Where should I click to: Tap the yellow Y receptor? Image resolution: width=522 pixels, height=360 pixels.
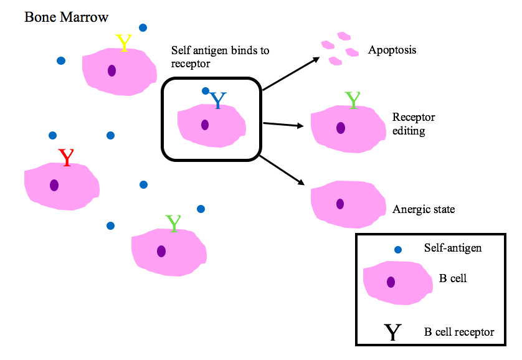coord(124,42)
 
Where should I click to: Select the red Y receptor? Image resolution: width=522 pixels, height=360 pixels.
coord(65,158)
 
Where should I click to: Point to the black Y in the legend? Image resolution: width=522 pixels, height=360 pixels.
coord(392,332)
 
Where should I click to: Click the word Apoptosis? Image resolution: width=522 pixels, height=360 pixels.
coord(392,50)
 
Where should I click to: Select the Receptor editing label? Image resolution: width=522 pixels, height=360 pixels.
coord(414,123)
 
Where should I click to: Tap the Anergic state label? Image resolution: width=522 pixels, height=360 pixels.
coord(424,209)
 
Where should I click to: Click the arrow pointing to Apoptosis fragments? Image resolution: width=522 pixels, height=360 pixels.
coord(291,73)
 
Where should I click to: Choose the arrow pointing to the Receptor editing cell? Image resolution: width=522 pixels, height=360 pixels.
coord(283,125)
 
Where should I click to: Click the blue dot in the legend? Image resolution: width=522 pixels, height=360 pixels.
coord(398,249)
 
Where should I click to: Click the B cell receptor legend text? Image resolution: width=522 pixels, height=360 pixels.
coord(458,332)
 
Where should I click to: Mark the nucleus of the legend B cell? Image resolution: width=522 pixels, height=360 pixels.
coord(391,282)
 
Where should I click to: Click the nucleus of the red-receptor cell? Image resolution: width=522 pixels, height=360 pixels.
coord(54,185)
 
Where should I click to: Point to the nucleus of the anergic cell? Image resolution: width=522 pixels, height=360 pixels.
coord(339,204)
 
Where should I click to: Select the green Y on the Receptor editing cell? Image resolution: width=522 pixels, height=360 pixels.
coord(353,100)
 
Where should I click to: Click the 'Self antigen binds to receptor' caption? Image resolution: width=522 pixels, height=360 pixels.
coord(220,56)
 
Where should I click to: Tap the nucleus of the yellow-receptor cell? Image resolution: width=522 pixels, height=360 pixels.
coord(112,70)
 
